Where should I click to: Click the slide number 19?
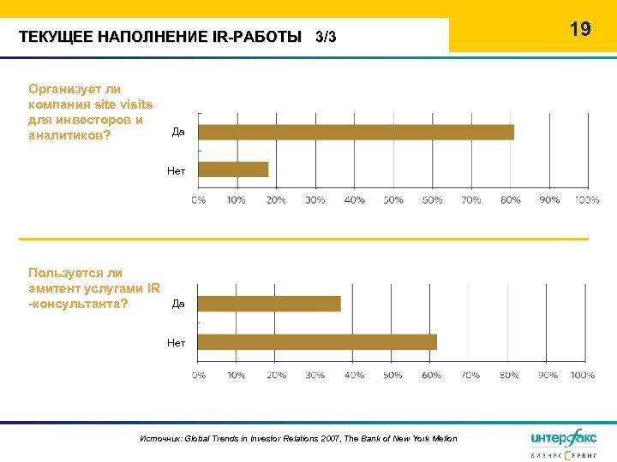click(x=580, y=29)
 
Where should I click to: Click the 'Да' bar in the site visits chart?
click(x=356, y=132)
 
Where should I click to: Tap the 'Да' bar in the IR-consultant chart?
click(x=269, y=304)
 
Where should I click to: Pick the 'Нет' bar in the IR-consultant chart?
click(x=317, y=342)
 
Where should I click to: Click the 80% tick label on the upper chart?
click(x=511, y=199)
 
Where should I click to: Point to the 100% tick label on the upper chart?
click(x=587, y=199)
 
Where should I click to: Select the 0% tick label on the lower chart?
click(x=198, y=375)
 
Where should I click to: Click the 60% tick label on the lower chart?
click(x=432, y=375)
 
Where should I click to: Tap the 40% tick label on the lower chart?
click(x=354, y=375)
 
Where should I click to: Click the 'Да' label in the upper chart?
click(x=178, y=132)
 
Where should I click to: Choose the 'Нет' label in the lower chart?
click(x=176, y=343)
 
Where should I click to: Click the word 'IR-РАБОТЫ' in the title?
click(x=261, y=38)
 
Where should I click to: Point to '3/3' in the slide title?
click(x=326, y=38)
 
